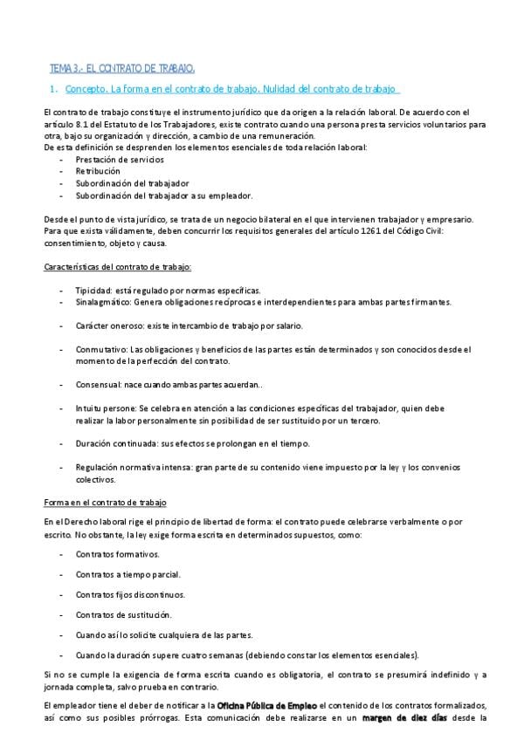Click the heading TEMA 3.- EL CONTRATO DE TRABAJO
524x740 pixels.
[122, 67]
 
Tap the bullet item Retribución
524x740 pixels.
[98, 172]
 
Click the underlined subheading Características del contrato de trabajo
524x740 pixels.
[117, 265]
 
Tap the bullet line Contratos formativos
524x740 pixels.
[117, 553]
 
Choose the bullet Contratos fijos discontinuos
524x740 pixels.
[130, 594]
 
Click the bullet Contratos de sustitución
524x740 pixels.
[123, 614]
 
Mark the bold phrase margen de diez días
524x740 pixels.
[404, 718]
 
